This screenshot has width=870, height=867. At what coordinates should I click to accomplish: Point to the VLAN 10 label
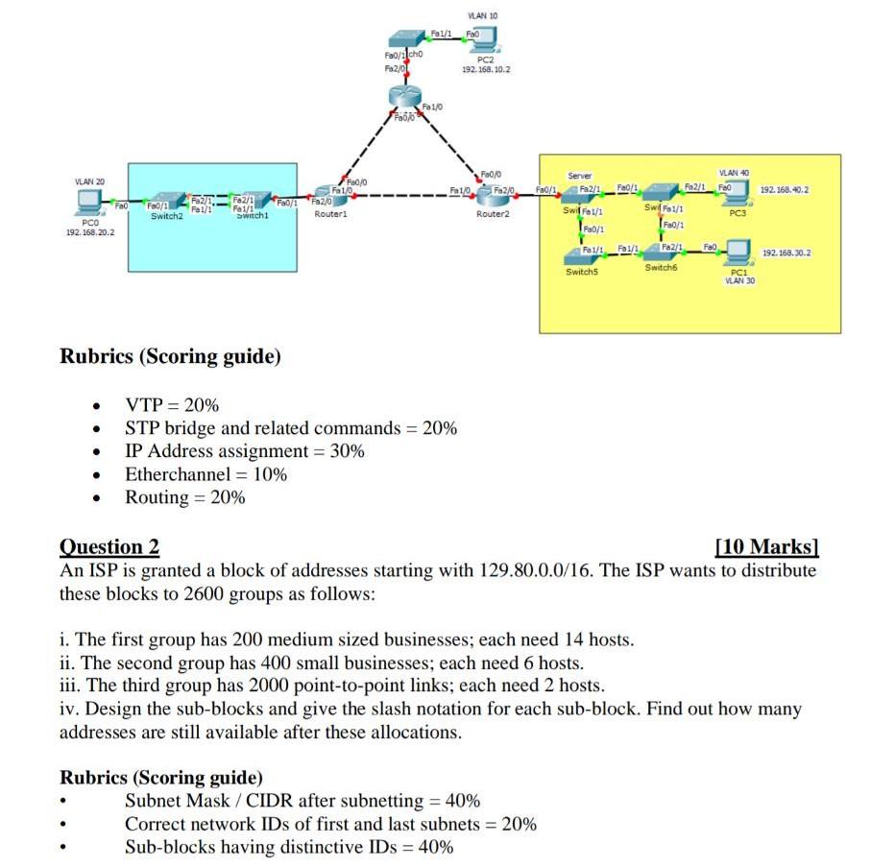tap(481, 16)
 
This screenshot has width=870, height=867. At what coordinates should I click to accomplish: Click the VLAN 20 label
tap(89, 181)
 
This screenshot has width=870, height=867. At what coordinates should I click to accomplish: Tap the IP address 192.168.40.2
tap(785, 190)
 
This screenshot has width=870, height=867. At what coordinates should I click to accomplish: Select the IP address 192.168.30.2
tap(785, 253)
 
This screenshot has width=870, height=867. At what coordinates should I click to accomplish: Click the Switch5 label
tap(582, 272)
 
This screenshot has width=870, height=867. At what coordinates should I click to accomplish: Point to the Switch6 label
tap(661, 268)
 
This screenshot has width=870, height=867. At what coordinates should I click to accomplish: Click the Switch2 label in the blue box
tap(166, 217)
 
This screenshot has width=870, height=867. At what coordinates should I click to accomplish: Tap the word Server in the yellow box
tap(580, 177)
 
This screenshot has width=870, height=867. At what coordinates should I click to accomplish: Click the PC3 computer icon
tap(737, 195)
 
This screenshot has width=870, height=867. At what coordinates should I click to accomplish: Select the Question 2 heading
tap(109, 547)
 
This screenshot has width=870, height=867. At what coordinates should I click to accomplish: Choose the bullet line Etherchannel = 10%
tap(205, 474)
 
